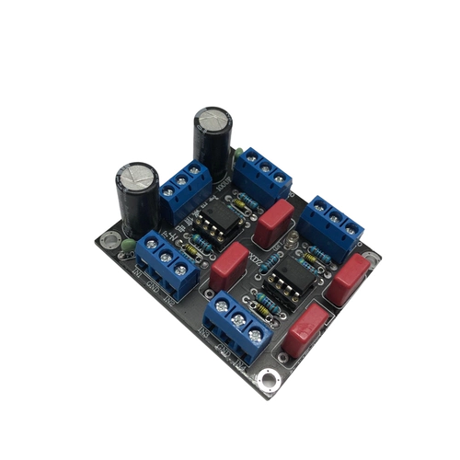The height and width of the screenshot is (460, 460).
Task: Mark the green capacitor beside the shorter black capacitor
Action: tap(129, 245)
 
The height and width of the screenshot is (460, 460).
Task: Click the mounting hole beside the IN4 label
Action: tap(269, 376)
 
